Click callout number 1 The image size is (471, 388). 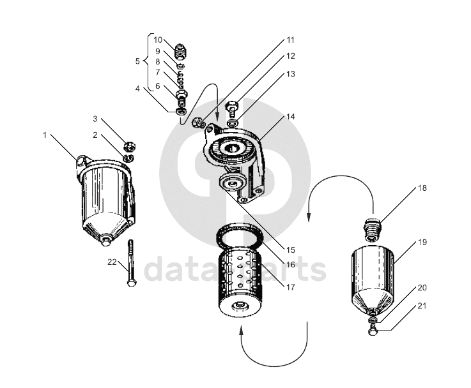(x=45, y=135)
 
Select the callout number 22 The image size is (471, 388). (x=112, y=261)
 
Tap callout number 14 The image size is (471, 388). (x=291, y=117)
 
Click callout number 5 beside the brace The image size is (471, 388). (x=137, y=61)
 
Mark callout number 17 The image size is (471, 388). (x=291, y=287)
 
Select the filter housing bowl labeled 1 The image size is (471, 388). (x=106, y=198)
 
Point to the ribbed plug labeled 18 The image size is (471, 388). (x=373, y=228)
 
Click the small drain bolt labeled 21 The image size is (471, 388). (x=372, y=329)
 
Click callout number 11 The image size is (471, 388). (x=291, y=40)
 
